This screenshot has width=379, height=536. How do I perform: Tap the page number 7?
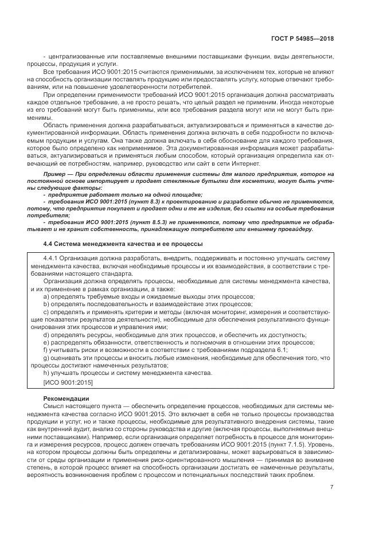tap(332, 487)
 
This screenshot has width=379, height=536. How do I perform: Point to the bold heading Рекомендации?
tap(65, 398)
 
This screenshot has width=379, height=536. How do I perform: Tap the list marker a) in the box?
tap(47, 296)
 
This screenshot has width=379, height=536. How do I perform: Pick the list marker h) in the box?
tap(47, 373)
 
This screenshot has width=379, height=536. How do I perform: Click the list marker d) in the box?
tap(47, 335)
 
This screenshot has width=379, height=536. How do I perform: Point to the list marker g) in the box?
tap(47, 358)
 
